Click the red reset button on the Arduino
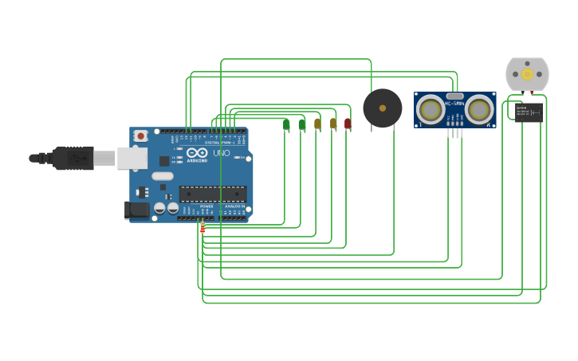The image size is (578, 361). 140,136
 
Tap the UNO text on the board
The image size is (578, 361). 222,153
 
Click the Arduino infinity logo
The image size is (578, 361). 198,152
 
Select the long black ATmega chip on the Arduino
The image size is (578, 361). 212,193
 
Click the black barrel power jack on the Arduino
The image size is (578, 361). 137,210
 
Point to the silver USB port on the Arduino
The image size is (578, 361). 132,158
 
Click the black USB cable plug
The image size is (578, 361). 73,159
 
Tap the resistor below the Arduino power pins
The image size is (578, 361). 202,227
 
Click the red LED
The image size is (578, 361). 348,124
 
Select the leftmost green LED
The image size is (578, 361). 286,124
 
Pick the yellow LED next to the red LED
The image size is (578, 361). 333,124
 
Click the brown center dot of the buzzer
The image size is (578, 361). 383,108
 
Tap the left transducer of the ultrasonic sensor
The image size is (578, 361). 431,110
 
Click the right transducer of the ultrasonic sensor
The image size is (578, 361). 479,110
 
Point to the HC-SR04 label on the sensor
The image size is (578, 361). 454,104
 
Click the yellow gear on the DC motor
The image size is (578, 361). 527,73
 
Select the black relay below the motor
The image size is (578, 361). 529,112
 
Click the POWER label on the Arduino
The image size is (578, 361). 206,206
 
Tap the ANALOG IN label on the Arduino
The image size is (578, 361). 234,206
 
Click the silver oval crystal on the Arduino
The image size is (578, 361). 163,176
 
